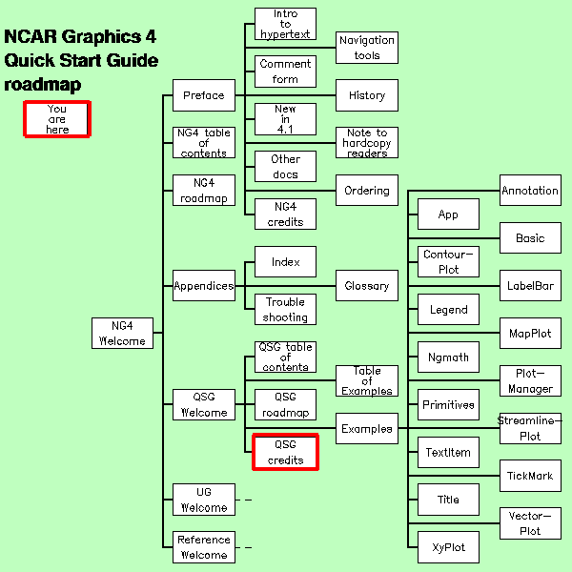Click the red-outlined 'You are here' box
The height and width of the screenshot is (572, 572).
[x=57, y=119]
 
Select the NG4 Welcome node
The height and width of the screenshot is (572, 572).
[x=122, y=333]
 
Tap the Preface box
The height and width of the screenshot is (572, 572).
[x=203, y=95]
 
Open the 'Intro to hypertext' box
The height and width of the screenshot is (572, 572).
[x=285, y=24]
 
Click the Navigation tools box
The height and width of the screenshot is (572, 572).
[x=366, y=48]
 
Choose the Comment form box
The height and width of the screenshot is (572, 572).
[x=285, y=71]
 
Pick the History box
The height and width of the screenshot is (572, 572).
[x=366, y=95]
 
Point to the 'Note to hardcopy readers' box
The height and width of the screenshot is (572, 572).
[x=366, y=143]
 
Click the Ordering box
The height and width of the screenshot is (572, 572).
[x=366, y=191]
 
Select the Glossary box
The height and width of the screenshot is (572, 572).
[x=366, y=285]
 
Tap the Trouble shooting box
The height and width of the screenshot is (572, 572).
[x=285, y=309]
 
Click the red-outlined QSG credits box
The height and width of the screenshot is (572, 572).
[x=285, y=452]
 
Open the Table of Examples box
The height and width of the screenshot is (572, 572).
[x=366, y=381]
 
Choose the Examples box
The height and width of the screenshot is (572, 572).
[x=366, y=429]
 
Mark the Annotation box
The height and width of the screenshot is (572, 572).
[x=530, y=191]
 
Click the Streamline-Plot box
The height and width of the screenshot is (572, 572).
[x=530, y=428]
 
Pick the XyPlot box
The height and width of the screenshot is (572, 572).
[x=448, y=547]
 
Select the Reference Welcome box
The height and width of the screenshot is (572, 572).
[x=203, y=547]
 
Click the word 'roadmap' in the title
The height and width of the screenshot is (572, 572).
[x=42, y=85]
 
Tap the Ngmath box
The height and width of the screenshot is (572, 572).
[x=448, y=357]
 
